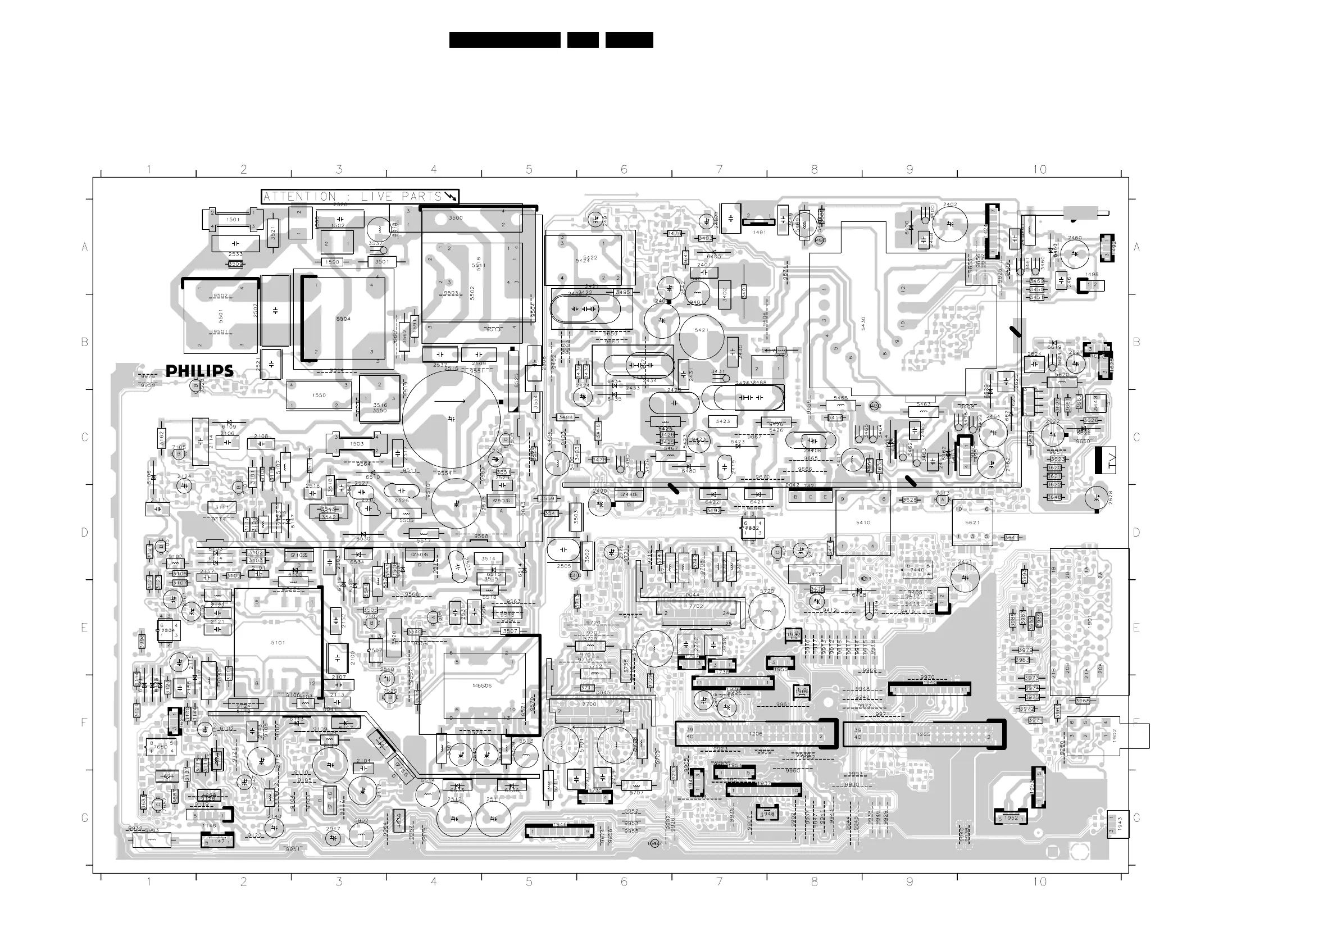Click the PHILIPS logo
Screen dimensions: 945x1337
(x=199, y=371)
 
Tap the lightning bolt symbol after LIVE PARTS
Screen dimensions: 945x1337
(x=450, y=197)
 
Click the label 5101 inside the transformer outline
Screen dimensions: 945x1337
(x=278, y=643)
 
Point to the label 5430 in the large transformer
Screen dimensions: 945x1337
(x=863, y=323)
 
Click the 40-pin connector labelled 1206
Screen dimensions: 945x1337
(x=755, y=734)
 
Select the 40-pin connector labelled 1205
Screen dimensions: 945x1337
(x=924, y=734)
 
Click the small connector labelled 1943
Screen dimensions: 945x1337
(x=1118, y=824)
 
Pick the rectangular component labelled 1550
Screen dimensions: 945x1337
(x=319, y=396)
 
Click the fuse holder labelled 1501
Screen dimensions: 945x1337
(x=233, y=220)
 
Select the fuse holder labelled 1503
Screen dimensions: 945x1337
(x=356, y=444)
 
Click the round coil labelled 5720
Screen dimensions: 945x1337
(x=767, y=611)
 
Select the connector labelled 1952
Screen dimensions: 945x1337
(x=1011, y=818)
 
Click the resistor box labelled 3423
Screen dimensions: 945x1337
(x=722, y=421)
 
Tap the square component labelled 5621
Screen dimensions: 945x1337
(x=972, y=523)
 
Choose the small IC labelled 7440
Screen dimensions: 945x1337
(x=917, y=570)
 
